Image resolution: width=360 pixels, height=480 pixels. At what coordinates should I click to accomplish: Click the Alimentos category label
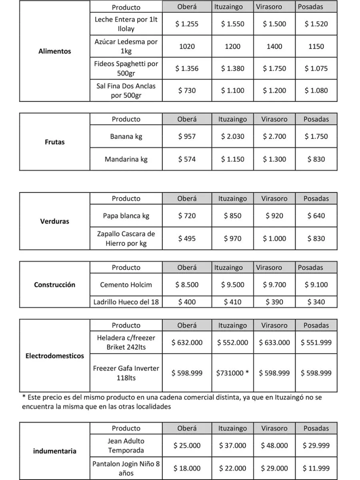tap(54, 51)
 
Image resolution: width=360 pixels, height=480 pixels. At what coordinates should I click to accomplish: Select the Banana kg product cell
tap(126, 136)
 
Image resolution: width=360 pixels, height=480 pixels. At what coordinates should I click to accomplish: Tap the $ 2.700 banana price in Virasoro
tap(274, 136)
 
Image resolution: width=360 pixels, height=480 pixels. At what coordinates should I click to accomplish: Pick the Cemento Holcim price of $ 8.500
tap(187, 285)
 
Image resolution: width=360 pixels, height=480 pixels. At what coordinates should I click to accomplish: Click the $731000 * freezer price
tap(232, 373)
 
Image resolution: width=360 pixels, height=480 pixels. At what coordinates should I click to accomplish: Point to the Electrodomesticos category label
tap(54, 356)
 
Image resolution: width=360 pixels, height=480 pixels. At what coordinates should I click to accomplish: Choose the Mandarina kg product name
tap(126, 159)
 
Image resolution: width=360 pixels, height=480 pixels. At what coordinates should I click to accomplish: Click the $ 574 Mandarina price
tap(187, 159)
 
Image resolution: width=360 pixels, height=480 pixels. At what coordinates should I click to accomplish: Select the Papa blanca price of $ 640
tap(316, 216)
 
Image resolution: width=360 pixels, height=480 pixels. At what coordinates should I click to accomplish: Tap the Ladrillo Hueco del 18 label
tap(126, 302)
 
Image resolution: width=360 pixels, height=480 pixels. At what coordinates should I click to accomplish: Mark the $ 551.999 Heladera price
tap(316, 342)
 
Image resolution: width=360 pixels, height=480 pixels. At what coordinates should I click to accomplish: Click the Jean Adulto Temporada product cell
tap(126, 445)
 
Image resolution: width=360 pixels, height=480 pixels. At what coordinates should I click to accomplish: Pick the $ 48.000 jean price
tap(274, 445)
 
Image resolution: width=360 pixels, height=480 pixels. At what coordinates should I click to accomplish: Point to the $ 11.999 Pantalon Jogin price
tap(316, 468)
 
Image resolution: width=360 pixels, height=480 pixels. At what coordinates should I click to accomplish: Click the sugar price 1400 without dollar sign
tap(274, 46)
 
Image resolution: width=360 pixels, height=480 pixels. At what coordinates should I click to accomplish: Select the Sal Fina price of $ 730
tap(187, 90)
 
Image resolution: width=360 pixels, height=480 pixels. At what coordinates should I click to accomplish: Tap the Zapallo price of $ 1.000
tap(274, 238)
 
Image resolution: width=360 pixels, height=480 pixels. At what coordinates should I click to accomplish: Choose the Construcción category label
tap(54, 285)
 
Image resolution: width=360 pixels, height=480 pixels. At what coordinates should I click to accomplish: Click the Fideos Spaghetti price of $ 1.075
tap(316, 68)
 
